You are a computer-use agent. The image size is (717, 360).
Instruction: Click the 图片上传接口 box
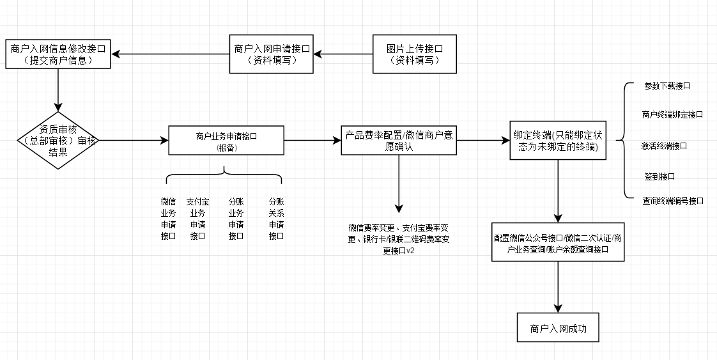tap(415, 54)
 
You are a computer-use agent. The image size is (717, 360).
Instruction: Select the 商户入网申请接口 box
tap(272, 54)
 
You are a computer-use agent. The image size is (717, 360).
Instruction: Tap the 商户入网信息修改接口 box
tap(58, 54)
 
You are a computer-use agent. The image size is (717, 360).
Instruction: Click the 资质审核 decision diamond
tap(58, 140)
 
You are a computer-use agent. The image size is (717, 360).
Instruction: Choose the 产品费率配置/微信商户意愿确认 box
tap(399, 140)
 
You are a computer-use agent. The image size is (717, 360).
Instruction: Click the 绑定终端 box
tap(558, 140)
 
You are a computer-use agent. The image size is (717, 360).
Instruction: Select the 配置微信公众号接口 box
tap(558, 242)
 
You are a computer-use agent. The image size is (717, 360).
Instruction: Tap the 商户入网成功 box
tap(558, 329)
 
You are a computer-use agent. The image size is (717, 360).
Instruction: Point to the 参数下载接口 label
tap(667, 85)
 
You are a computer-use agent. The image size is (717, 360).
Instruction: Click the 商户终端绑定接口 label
tap(672, 115)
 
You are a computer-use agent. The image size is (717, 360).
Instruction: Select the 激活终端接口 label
tap(665, 146)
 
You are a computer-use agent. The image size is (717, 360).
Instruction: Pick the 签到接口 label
tap(659, 176)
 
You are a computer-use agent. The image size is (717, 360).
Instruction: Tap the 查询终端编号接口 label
tap(672, 201)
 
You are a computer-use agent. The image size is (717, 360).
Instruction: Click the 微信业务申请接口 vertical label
tap(168, 219)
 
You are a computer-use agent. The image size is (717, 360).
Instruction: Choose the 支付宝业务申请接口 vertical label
tap(197, 219)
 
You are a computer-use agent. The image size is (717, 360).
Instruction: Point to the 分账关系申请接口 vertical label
tap(276, 219)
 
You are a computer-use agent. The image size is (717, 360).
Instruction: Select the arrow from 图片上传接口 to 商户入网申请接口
tap(343, 54)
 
